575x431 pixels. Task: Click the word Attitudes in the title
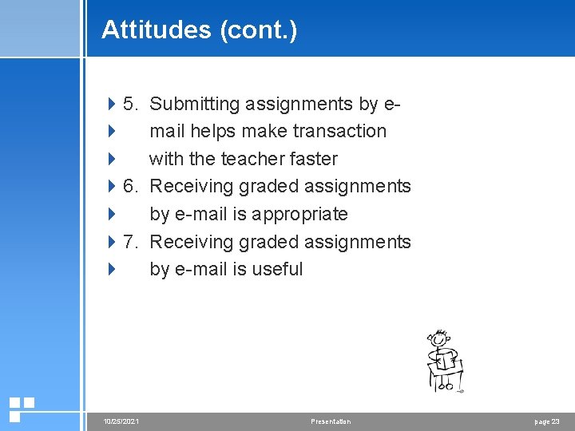pos(156,30)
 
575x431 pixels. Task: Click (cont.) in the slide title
pos(258,30)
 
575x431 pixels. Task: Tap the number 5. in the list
pos(132,104)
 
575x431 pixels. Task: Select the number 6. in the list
pos(132,187)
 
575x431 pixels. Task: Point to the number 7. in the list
pos(132,242)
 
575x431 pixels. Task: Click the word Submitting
pos(196,104)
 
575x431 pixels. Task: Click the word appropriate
pos(299,214)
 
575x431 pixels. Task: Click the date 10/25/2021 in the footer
pos(121,421)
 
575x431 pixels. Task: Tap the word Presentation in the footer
pos(331,421)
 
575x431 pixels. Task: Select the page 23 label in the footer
pos(546,421)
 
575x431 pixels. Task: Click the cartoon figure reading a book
pos(444,361)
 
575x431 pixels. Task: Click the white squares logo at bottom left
pos(21,409)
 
